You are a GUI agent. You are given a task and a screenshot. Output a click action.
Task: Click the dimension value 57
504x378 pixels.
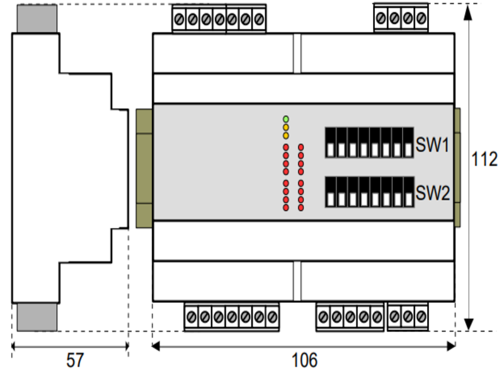74,360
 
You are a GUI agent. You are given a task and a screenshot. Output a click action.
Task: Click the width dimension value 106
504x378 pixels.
304,360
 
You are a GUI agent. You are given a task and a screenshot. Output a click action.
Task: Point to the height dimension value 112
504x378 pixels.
484,159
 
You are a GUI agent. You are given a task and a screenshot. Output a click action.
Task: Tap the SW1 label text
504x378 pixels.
432,146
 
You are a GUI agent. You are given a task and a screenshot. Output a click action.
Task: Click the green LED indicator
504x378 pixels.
286,118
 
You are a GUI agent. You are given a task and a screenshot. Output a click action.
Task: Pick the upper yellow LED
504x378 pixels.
286,127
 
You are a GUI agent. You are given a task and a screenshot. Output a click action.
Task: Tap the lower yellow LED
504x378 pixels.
286,135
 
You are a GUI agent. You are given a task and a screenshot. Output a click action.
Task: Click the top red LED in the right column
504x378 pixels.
301,147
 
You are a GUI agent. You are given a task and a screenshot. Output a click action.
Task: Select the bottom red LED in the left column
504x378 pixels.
286,207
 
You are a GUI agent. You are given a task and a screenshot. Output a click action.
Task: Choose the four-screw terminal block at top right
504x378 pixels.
401,18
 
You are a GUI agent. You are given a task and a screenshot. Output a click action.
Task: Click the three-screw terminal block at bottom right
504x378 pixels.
408,315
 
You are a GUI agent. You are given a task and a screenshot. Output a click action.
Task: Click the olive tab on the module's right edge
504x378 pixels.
457,167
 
